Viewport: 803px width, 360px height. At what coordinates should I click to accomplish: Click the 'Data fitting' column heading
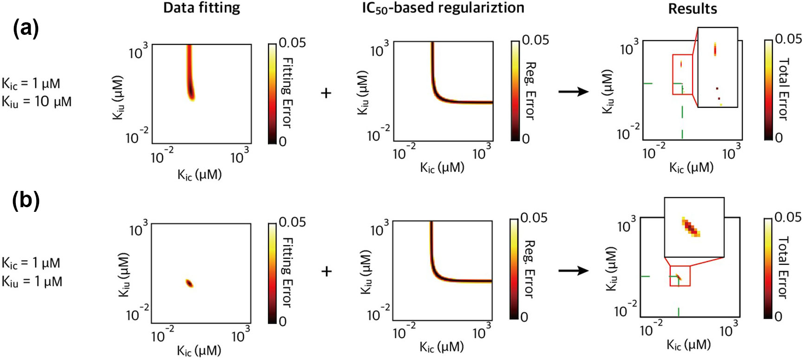pos(202,7)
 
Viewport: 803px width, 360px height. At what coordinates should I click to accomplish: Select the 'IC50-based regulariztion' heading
pos(443,8)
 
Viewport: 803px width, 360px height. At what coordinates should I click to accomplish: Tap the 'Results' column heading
pos(692,9)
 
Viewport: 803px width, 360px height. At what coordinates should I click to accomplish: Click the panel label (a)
pos(26,29)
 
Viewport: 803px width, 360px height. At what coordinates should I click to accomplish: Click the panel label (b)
pos(26,201)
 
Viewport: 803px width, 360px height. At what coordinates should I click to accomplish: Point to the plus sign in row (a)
pos(326,93)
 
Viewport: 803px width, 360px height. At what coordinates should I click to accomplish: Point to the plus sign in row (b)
pos(326,271)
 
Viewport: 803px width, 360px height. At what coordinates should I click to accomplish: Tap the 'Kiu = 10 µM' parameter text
pos(37,102)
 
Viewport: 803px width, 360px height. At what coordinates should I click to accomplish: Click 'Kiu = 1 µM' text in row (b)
pos(32,281)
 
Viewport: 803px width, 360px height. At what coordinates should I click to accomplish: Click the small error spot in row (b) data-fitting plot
pos(189,283)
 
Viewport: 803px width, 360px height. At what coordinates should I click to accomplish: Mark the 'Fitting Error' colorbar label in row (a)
pos(287,92)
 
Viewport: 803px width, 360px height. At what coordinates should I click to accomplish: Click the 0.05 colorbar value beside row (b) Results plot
pos(788,217)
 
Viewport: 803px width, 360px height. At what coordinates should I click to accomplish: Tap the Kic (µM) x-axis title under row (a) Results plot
pos(691,167)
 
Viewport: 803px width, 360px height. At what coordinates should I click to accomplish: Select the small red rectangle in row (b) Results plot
pos(680,275)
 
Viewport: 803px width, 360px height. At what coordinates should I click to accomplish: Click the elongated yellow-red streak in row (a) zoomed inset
pos(715,49)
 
